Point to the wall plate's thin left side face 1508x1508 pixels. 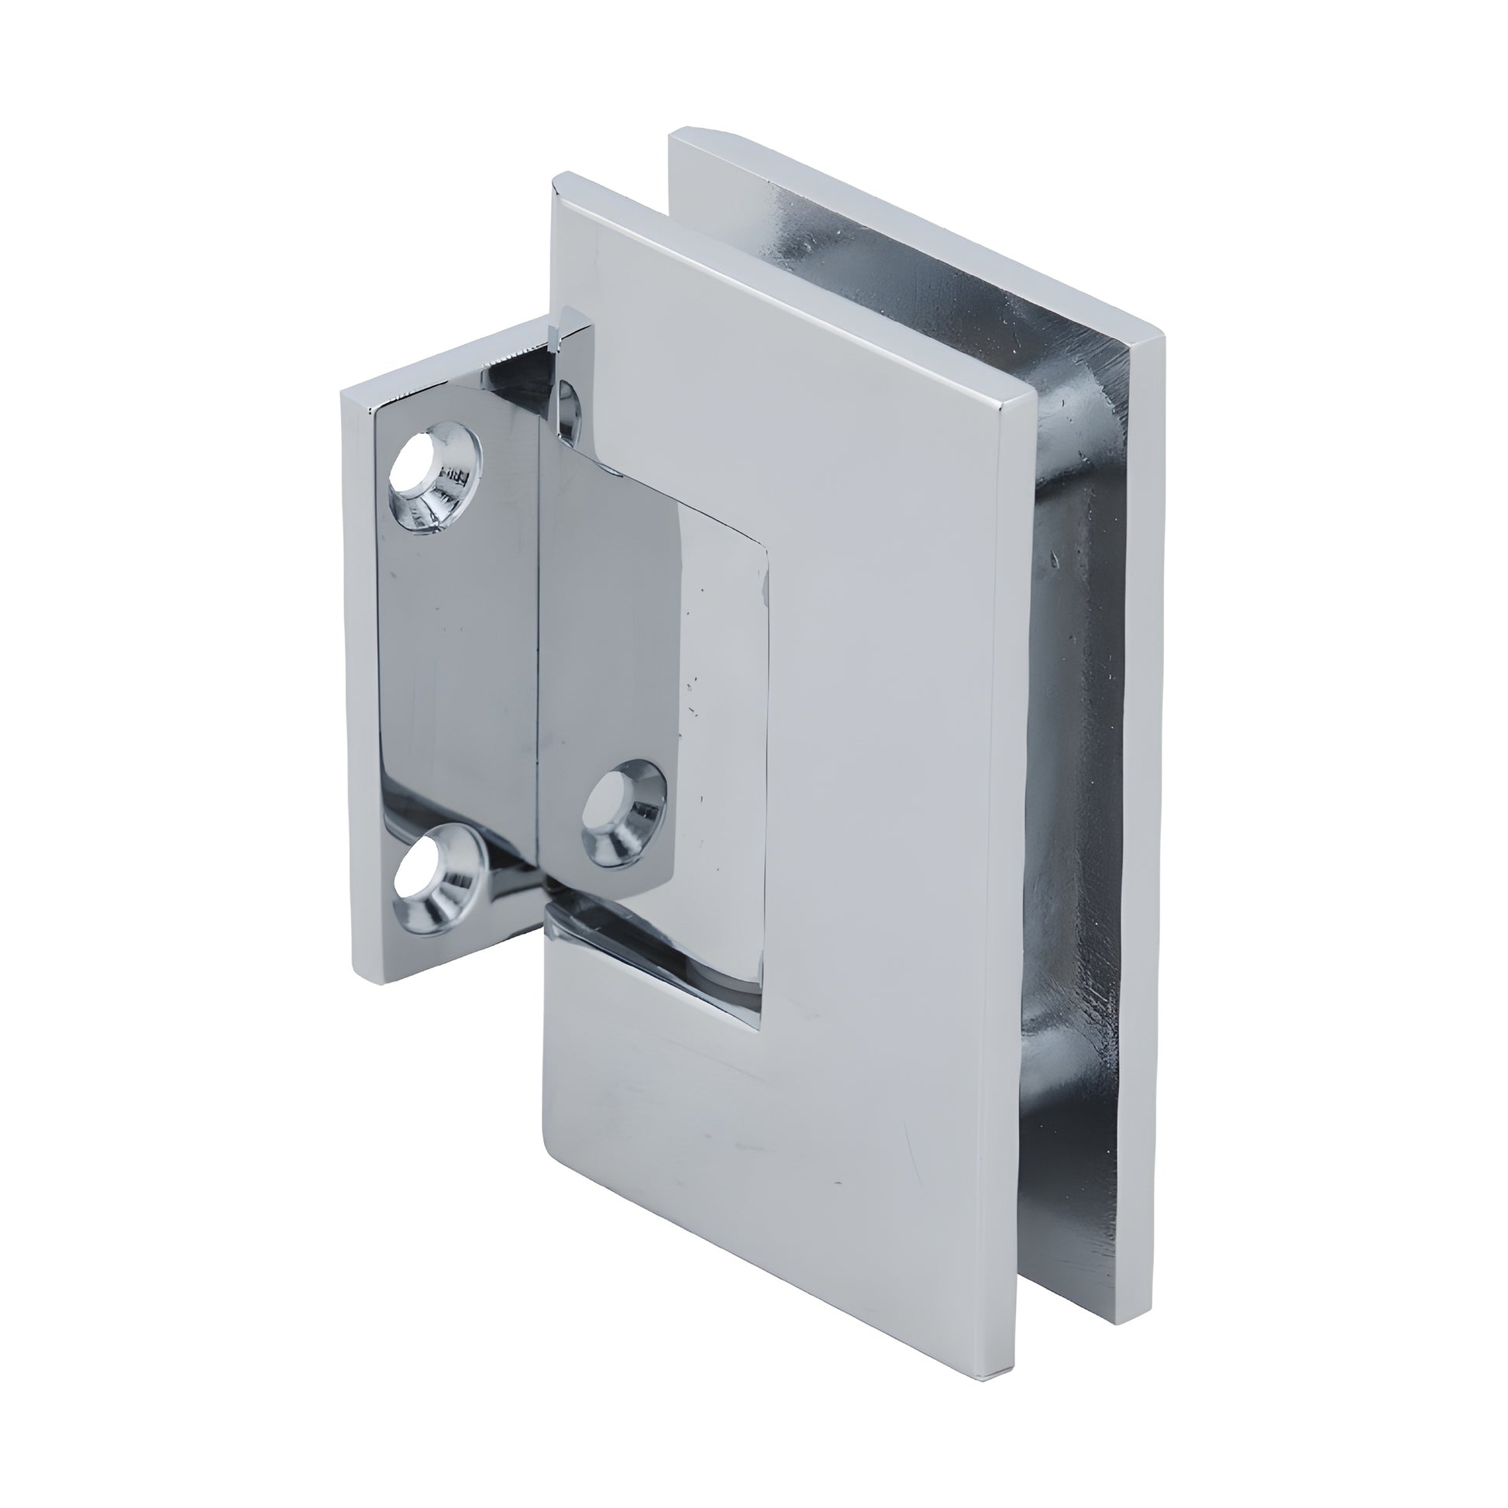(x=358, y=687)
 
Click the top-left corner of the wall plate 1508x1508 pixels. (x=343, y=394)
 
